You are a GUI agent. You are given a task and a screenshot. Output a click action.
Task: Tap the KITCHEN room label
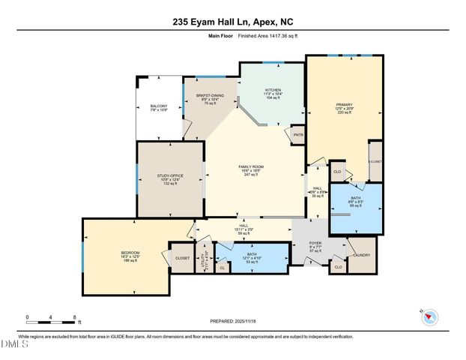click(273, 90)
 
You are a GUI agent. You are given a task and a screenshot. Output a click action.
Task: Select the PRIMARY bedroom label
click(344, 105)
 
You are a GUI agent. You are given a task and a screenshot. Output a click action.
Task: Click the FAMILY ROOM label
click(249, 166)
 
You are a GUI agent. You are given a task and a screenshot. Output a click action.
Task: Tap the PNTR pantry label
click(297, 135)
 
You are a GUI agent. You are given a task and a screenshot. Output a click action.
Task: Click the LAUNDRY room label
click(362, 254)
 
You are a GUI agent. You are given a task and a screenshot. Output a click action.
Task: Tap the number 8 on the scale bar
click(75, 317)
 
